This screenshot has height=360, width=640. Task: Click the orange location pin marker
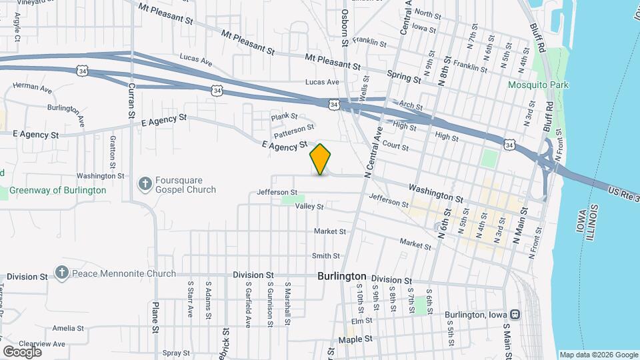321,159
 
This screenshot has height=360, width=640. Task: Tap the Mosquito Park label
538,85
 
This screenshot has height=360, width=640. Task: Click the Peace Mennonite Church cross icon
62,273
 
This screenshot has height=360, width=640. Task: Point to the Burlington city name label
342,276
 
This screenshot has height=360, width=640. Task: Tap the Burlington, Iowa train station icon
515,314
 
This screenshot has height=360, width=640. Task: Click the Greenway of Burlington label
57,190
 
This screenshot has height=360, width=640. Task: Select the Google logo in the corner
22,351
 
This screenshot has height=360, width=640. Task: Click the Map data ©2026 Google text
598,355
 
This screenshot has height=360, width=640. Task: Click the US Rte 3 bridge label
623,193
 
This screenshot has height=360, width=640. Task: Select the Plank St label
283,117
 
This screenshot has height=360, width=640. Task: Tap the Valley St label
310,207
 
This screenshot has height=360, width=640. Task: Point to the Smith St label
326,256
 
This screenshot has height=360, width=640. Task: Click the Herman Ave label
32,87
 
